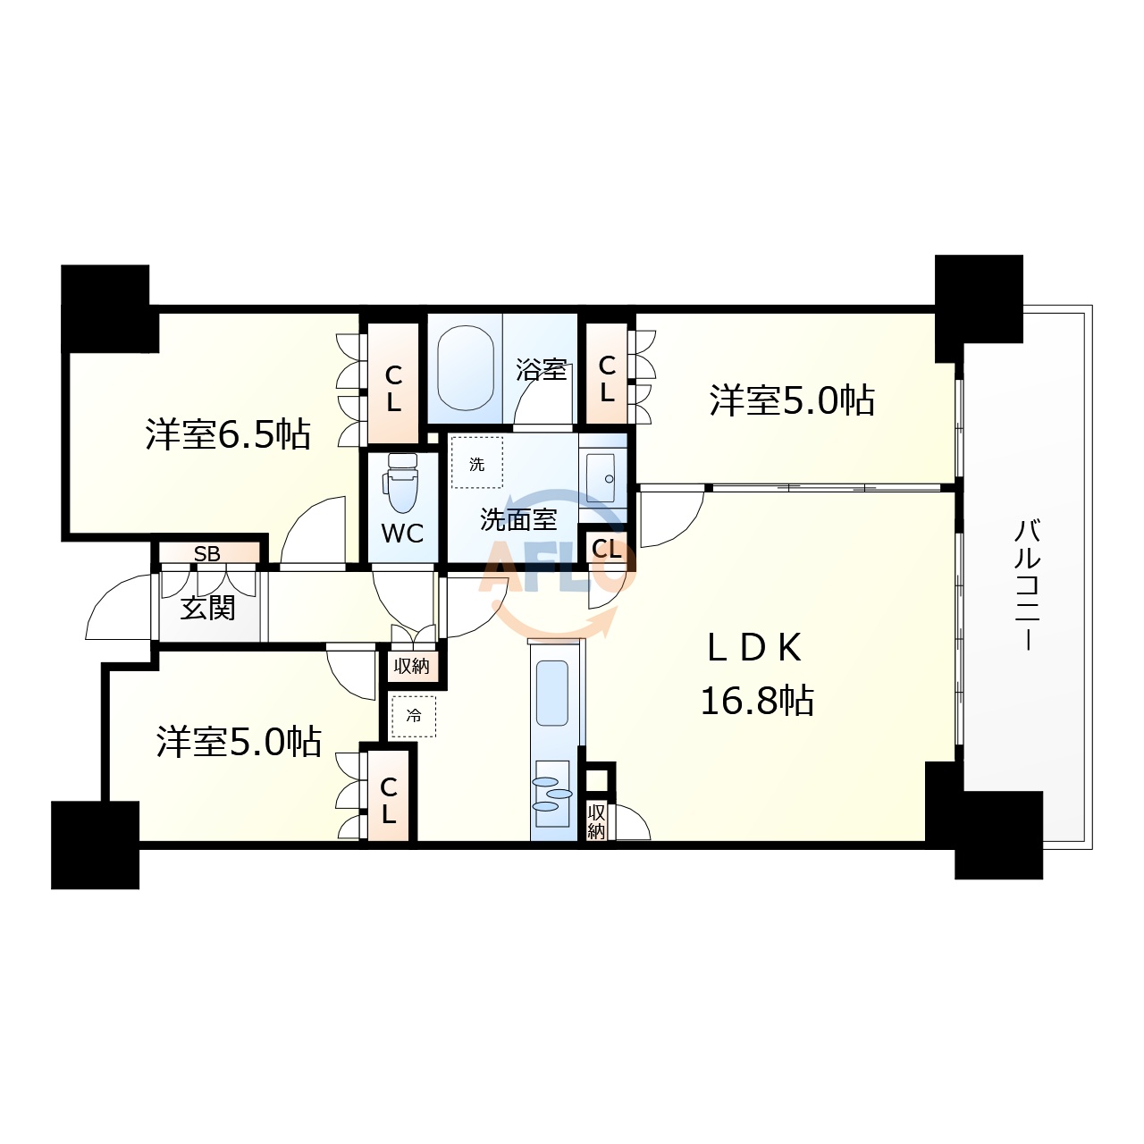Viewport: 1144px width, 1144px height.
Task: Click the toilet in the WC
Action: point(403,482)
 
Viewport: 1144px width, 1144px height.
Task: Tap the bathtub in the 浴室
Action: point(466,368)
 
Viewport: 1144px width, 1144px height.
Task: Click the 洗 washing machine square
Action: point(476,462)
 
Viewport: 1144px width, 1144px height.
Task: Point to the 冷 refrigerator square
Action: point(413,717)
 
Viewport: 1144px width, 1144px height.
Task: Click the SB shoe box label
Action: point(207,553)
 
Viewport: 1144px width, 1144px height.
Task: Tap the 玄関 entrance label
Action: point(207,608)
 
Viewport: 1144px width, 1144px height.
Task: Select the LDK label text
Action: point(754,648)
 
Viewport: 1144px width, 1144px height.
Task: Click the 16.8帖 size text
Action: point(757,701)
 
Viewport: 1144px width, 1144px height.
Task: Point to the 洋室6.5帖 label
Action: point(228,434)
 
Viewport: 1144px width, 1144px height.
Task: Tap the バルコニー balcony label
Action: point(1026,585)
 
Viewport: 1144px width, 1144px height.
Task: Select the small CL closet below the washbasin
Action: point(606,550)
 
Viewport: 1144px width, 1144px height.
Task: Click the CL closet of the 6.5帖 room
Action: point(393,383)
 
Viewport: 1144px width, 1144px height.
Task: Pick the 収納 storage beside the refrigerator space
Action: point(412,667)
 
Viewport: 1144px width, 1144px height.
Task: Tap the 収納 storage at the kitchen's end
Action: point(596,821)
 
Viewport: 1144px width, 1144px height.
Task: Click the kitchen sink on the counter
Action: point(552,694)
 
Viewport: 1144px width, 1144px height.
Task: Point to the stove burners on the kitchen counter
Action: point(552,794)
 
